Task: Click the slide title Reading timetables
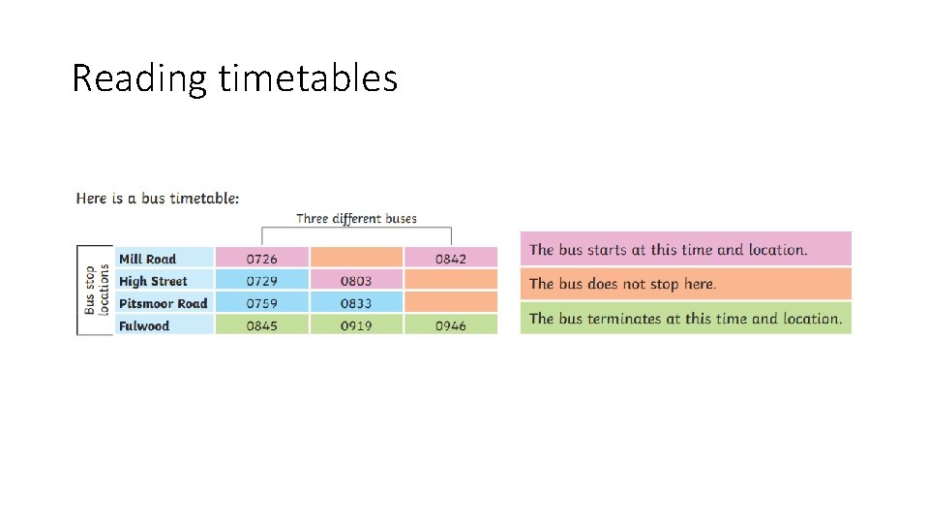pos(234,78)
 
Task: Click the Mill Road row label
pos(147,259)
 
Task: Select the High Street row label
pos(153,281)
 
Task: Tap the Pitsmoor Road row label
pos(163,303)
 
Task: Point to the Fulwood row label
pos(144,325)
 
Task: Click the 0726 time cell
pos(261,259)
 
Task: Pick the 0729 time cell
pos(261,281)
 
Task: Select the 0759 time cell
pos(261,303)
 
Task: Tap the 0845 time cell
pos(261,325)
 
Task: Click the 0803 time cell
pos(355,281)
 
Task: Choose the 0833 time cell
pos(355,303)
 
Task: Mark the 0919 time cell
pos(355,325)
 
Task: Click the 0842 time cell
pos(450,259)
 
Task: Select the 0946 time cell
pos(450,325)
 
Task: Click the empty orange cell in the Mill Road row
pos(355,258)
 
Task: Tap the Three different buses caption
pos(356,218)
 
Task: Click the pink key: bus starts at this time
pos(685,250)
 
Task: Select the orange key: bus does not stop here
pos(685,284)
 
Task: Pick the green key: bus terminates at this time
pos(685,319)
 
